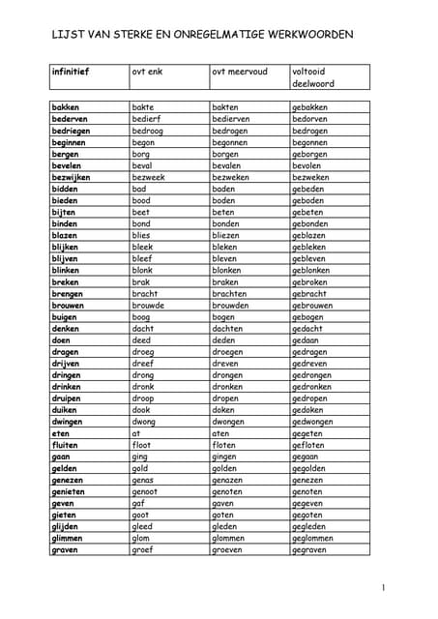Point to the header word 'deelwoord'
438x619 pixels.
(x=314, y=83)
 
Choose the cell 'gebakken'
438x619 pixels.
(x=309, y=107)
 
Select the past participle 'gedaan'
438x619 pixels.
(x=307, y=340)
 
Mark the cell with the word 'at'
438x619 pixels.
(x=136, y=433)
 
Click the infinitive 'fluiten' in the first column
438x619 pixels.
(x=67, y=446)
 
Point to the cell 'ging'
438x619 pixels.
(x=140, y=457)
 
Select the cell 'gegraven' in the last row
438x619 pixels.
(x=309, y=550)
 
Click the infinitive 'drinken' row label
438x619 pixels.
(x=68, y=387)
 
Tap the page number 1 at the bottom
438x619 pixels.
(x=384, y=587)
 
